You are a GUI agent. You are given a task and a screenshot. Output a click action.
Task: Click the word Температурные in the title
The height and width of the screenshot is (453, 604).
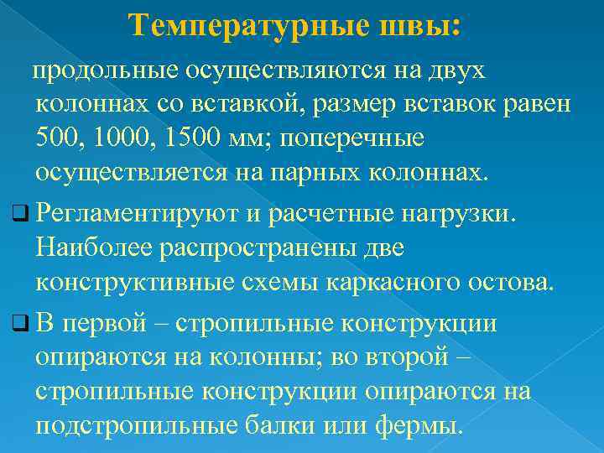[x=247, y=26]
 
